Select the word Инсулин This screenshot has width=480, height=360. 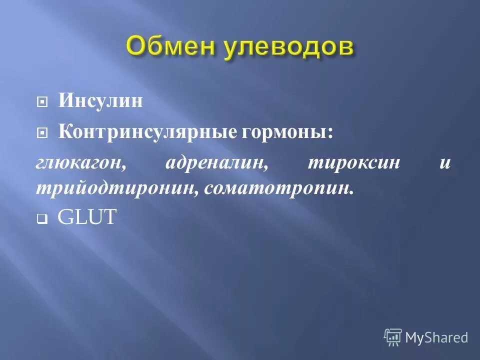point(100,101)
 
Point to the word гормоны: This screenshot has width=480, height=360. point(287,133)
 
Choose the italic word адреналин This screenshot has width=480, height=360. point(214,163)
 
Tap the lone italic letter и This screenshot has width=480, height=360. point(445,163)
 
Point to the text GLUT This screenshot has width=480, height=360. point(86,217)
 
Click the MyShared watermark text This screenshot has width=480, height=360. point(436,338)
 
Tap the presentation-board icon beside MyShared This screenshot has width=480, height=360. point(393,337)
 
